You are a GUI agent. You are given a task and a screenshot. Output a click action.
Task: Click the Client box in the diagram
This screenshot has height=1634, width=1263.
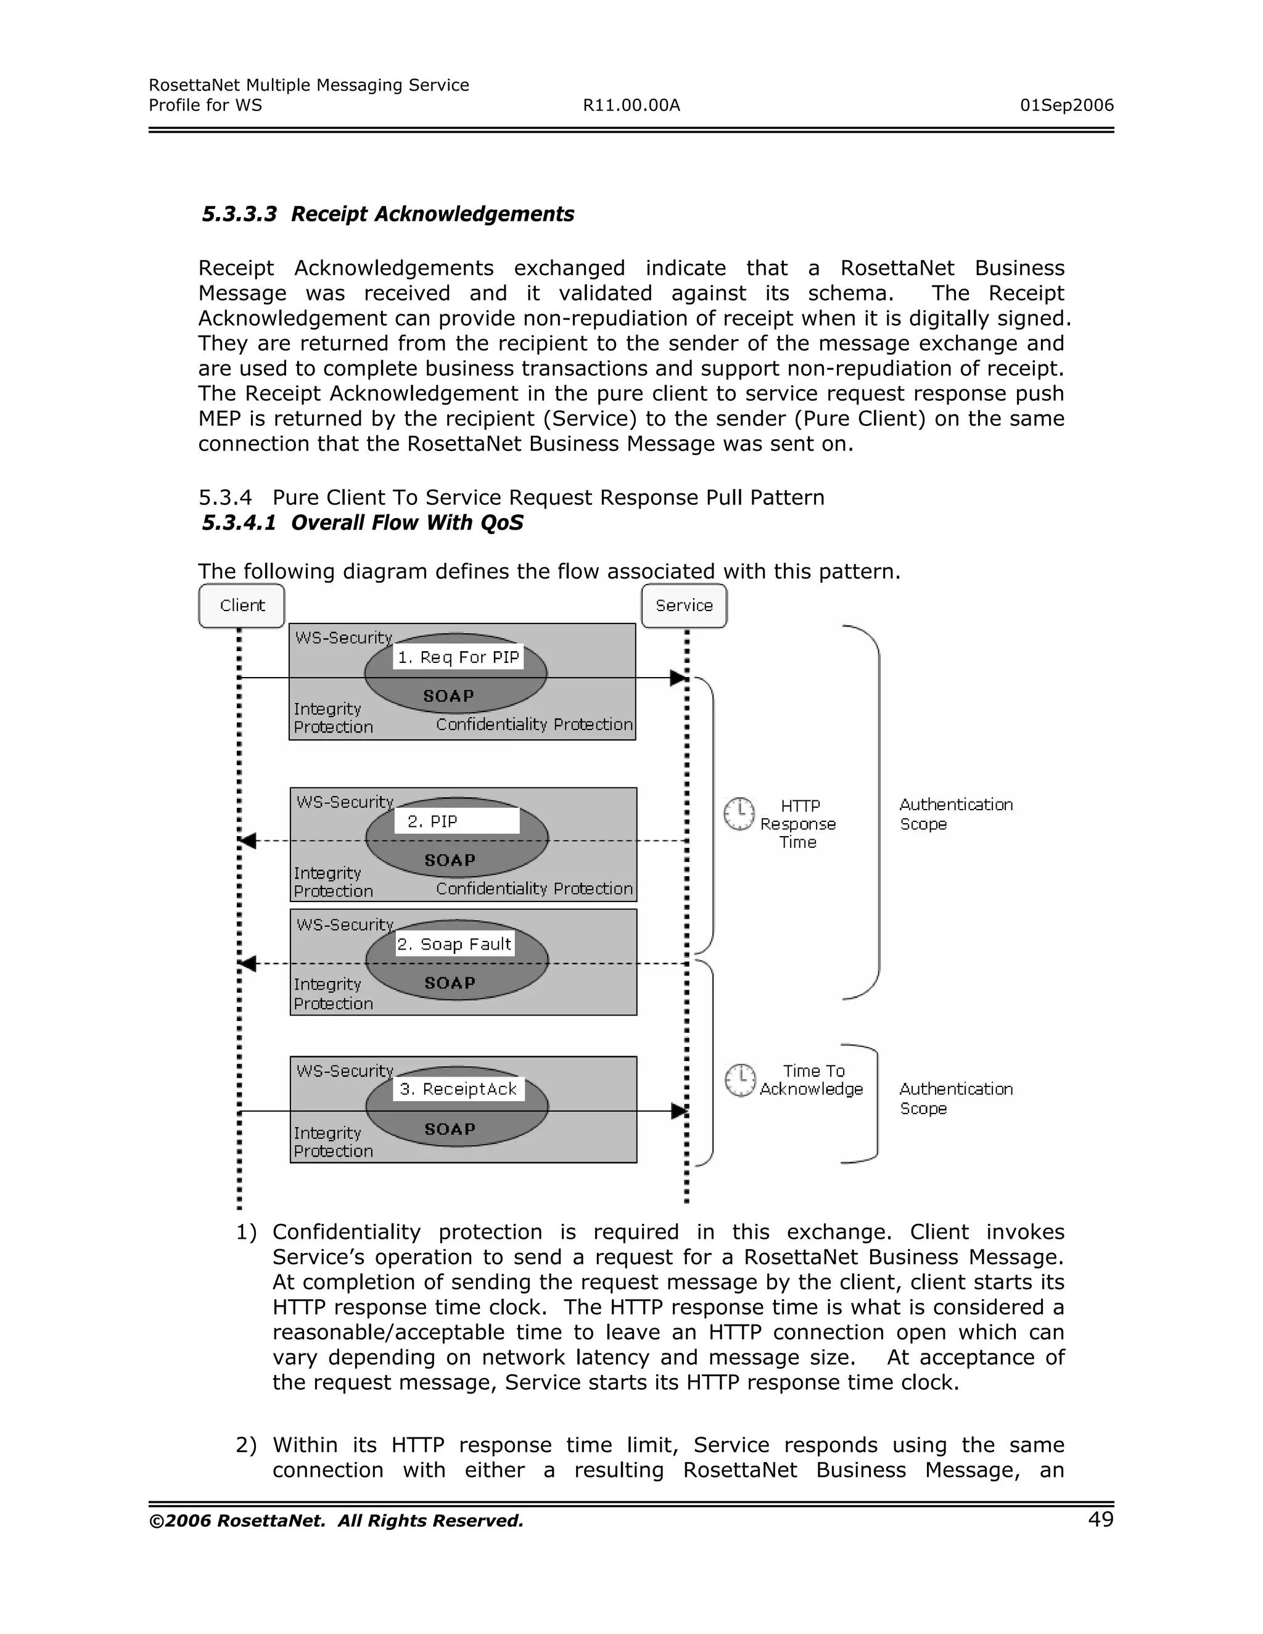click(x=242, y=606)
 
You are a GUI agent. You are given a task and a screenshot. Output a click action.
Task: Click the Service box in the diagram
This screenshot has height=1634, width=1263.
click(x=684, y=606)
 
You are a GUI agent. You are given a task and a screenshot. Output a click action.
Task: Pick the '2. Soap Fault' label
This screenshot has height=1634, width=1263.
click(x=454, y=944)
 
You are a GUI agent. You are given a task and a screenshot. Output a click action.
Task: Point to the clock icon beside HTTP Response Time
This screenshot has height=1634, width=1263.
click(x=738, y=814)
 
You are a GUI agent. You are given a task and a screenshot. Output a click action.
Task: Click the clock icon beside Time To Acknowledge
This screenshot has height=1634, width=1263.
click(x=740, y=1080)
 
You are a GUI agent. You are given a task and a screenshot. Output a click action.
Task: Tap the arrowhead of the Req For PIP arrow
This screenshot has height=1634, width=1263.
click(x=678, y=678)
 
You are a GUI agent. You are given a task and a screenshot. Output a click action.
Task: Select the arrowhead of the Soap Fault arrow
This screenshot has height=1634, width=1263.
click(x=248, y=964)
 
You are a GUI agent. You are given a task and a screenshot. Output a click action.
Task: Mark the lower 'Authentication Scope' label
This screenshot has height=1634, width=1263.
click(x=955, y=1098)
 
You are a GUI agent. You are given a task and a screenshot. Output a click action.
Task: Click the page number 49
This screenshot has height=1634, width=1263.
click(x=1101, y=1519)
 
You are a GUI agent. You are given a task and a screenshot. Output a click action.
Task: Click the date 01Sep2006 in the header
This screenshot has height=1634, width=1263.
click(x=1066, y=105)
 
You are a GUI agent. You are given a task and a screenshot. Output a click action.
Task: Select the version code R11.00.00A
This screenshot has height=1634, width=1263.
click(x=631, y=105)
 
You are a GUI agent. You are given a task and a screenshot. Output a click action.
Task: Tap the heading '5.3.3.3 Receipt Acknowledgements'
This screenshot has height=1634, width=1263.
click(x=387, y=214)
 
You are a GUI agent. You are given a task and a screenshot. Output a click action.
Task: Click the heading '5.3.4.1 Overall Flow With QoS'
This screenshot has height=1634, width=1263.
click(x=362, y=522)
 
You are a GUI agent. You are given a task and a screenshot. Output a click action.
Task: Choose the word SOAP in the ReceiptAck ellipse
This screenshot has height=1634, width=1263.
click(x=450, y=1129)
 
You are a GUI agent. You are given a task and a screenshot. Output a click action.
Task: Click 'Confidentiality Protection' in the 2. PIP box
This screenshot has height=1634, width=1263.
click(x=534, y=888)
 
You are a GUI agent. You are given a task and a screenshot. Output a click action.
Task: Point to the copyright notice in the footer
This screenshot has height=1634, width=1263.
click(x=336, y=1521)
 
